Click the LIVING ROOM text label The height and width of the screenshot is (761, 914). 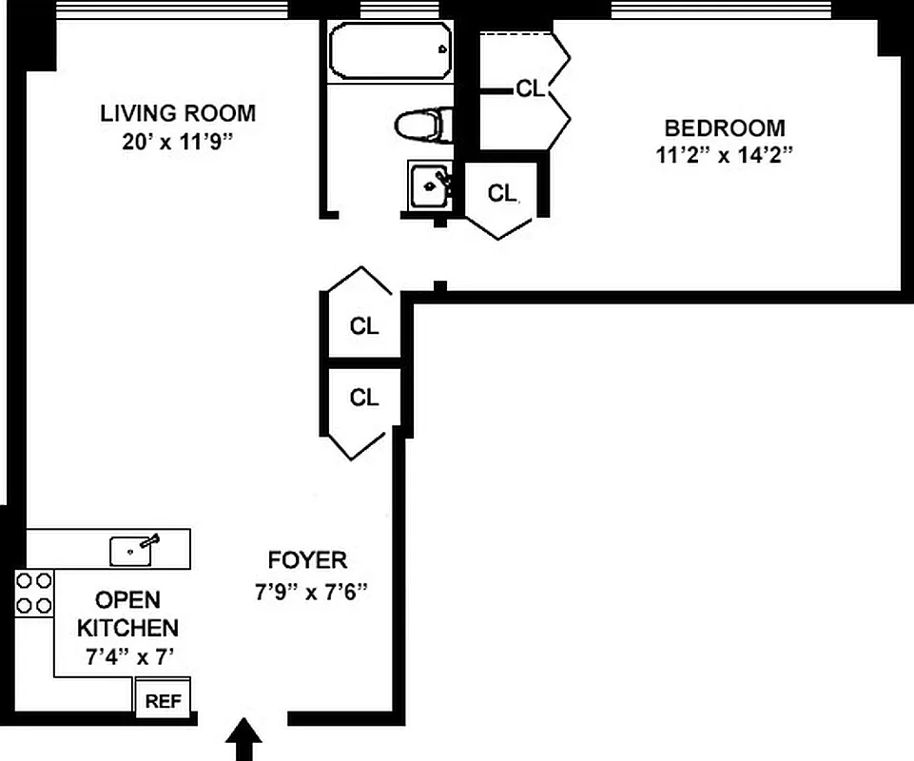pyautogui.click(x=178, y=113)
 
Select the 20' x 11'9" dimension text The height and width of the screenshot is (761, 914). pyautogui.click(x=178, y=142)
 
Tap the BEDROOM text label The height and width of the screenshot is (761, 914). pyautogui.click(x=725, y=127)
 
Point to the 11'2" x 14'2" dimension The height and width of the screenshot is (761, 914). pyautogui.click(x=725, y=155)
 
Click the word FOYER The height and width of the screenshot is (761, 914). pyautogui.click(x=307, y=560)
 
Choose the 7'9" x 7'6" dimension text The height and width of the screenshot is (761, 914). pyautogui.click(x=310, y=591)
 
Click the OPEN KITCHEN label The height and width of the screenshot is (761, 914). pyautogui.click(x=126, y=614)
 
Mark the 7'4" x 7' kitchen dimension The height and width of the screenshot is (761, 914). pyautogui.click(x=126, y=655)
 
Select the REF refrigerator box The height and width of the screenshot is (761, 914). pyautogui.click(x=163, y=702)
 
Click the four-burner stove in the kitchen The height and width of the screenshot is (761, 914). pyautogui.click(x=34, y=592)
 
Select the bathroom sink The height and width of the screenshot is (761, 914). pyautogui.click(x=430, y=185)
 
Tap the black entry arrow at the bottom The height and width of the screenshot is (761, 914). pyautogui.click(x=245, y=739)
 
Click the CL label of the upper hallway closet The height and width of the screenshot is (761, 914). pyautogui.click(x=364, y=326)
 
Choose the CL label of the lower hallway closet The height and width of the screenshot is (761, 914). pyautogui.click(x=364, y=398)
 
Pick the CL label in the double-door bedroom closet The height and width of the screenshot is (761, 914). pyautogui.click(x=530, y=89)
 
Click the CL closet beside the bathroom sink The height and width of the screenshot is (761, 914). pyautogui.click(x=502, y=193)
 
